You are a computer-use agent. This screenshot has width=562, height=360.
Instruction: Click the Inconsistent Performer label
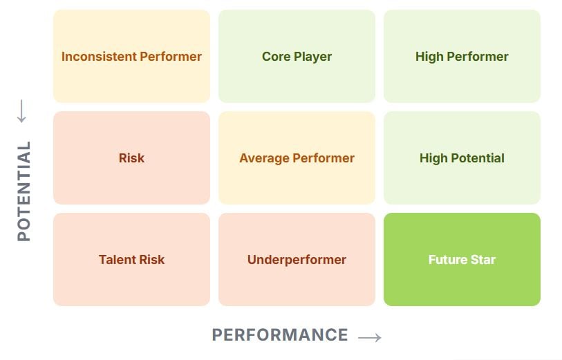pyautogui.click(x=131, y=57)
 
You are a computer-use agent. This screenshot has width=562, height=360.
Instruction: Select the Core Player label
pyautogui.click(x=297, y=57)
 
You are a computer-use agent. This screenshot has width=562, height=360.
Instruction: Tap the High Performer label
pyautogui.click(x=462, y=57)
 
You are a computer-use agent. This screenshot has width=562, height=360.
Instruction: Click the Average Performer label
pyautogui.click(x=297, y=158)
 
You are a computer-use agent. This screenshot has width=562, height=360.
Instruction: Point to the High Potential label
pyautogui.click(x=462, y=158)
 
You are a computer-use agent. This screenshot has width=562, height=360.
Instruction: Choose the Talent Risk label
pyautogui.click(x=131, y=260)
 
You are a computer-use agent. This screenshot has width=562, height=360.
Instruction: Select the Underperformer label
pyautogui.click(x=297, y=260)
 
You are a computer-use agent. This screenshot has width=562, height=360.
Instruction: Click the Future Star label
pyautogui.click(x=462, y=260)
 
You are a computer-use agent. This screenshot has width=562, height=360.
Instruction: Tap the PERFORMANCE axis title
pyautogui.click(x=280, y=335)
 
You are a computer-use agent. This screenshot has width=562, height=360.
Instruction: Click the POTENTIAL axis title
pyautogui.click(x=24, y=191)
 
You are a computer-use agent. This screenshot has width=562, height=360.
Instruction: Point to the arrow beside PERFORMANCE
pyautogui.click(x=370, y=337)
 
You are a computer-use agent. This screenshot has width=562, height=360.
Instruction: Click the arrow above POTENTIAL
pyautogui.click(x=21, y=111)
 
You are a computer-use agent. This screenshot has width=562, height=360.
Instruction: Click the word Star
pyautogui.click(x=483, y=260)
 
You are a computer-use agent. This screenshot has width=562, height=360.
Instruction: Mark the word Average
pyautogui.click(x=264, y=158)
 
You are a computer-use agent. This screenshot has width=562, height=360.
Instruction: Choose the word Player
pyautogui.click(x=313, y=57)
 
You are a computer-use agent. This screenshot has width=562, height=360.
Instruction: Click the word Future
pyautogui.click(x=448, y=260)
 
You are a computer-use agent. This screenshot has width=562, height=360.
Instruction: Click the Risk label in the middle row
pyautogui.click(x=131, y=158)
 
